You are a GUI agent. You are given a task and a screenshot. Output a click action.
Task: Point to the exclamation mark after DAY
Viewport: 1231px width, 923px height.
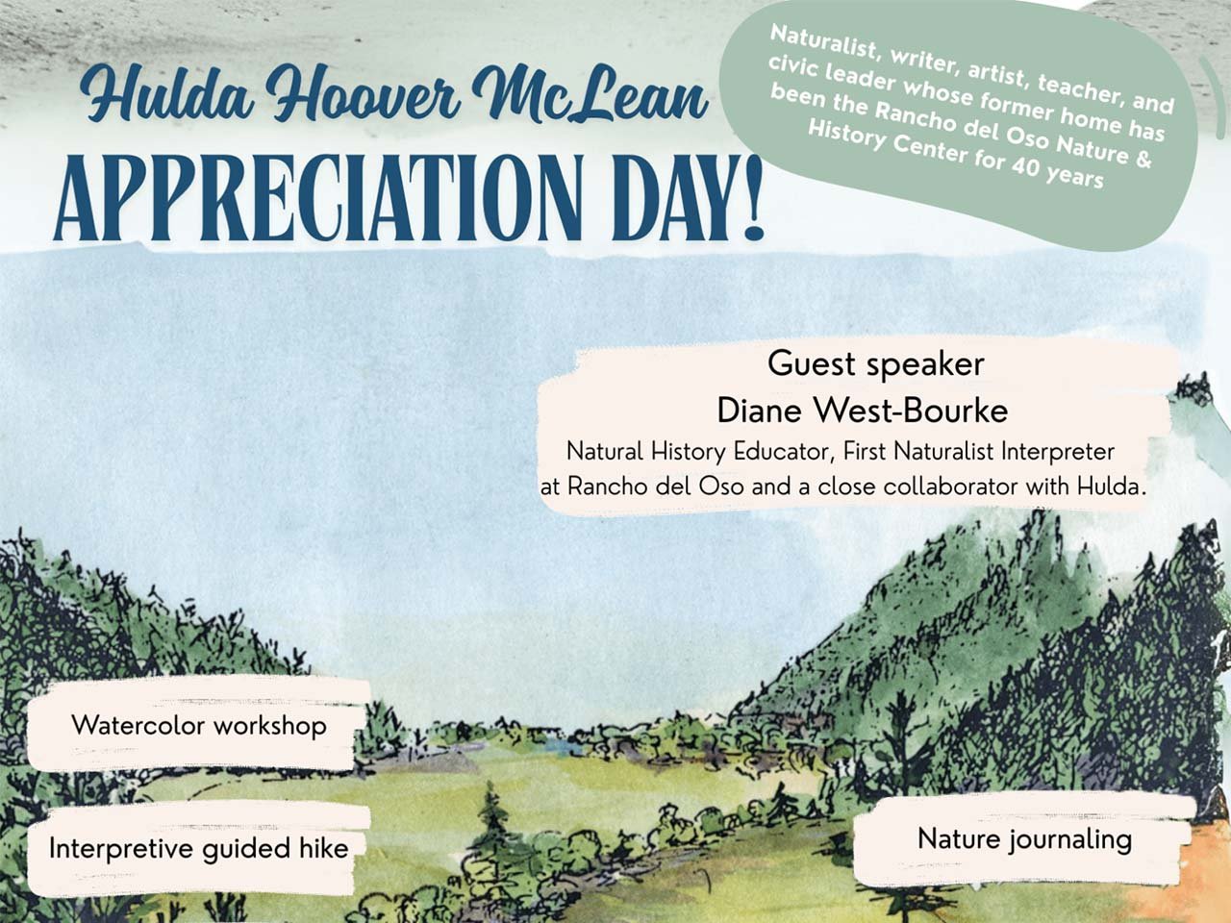(x=751, y=195)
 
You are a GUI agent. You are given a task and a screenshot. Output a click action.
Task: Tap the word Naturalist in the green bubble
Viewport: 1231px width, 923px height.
(x=823, y=41)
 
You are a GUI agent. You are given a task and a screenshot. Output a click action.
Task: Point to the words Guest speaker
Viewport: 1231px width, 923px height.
(x=875, y=364)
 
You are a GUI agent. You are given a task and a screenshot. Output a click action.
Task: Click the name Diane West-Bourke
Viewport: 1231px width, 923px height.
(x=863, y=411)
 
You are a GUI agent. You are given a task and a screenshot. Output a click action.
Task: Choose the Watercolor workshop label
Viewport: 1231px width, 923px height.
(x=199, y=726)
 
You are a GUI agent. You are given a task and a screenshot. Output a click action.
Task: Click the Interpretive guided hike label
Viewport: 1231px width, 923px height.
(x=198, y=848)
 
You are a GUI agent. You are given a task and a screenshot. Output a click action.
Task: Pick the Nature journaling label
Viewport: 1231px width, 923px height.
(x=1024, y=840)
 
